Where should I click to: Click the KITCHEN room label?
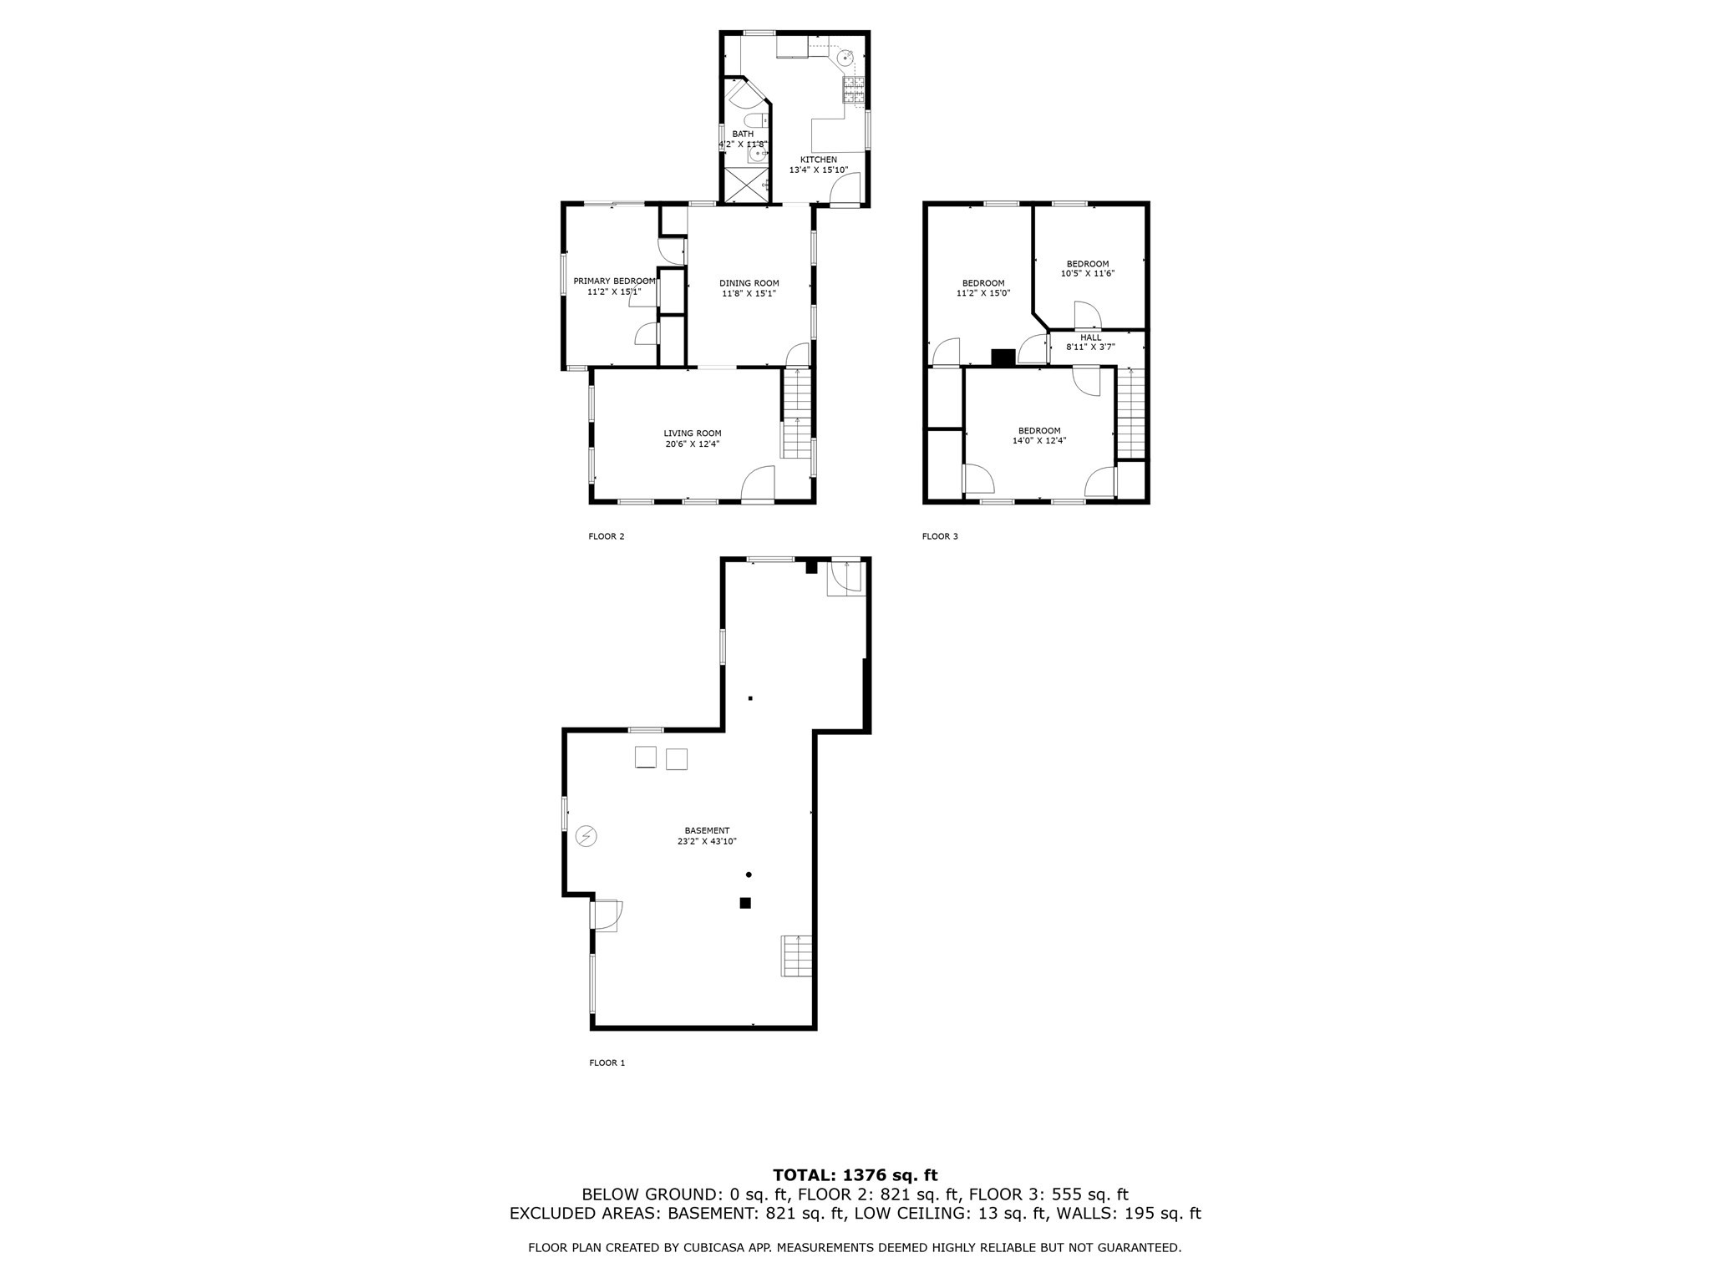click(818, 160)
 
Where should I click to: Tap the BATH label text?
click(743, 134)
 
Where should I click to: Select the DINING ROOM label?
click(749, 283)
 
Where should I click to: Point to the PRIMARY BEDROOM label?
click(614, 281)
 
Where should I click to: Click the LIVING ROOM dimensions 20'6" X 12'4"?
click(692, 444)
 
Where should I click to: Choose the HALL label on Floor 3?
click(1090, 337)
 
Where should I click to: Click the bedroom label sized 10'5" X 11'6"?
click(1088, 264)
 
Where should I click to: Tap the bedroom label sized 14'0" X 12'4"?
click(1039, 431)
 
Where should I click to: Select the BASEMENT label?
click(707, 830)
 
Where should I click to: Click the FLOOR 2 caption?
click(607, 536)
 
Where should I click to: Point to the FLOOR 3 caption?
click(940, 536)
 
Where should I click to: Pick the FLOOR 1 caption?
click(607, 1062)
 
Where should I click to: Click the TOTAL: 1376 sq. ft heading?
click(855, 1175)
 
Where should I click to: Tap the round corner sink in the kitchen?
click(847, 58)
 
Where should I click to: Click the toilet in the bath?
click(755, 121)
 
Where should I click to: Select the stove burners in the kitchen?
click(854, 89)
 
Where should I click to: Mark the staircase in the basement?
click(796, 956)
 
